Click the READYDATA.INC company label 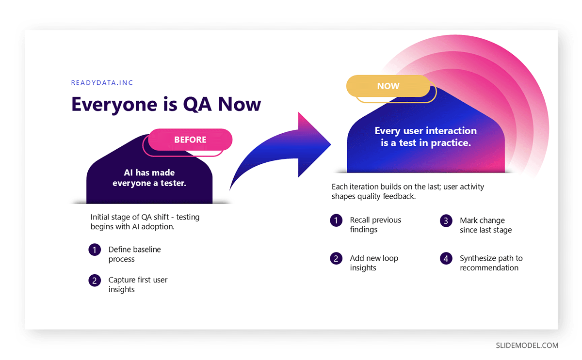coord(102,83)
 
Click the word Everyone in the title coord(114,104)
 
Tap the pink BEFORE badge coord(190,140)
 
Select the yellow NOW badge coord(388,86)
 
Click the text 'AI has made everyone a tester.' coord(149,178)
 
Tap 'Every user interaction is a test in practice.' coord(426,137)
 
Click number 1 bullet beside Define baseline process coord(95,250)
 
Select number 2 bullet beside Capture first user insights coord(95,281)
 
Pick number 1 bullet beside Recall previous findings coord(336,220)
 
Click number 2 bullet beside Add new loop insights coord(336,259)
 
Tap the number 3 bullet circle coord(446,220)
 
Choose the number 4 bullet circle coord(446,259)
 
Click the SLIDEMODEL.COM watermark coord(527,345)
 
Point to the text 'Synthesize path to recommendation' coord(491,263)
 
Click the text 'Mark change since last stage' coord(485,225)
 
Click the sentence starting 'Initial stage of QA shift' coord(145,221)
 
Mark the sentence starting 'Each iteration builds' coord(408,191)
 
